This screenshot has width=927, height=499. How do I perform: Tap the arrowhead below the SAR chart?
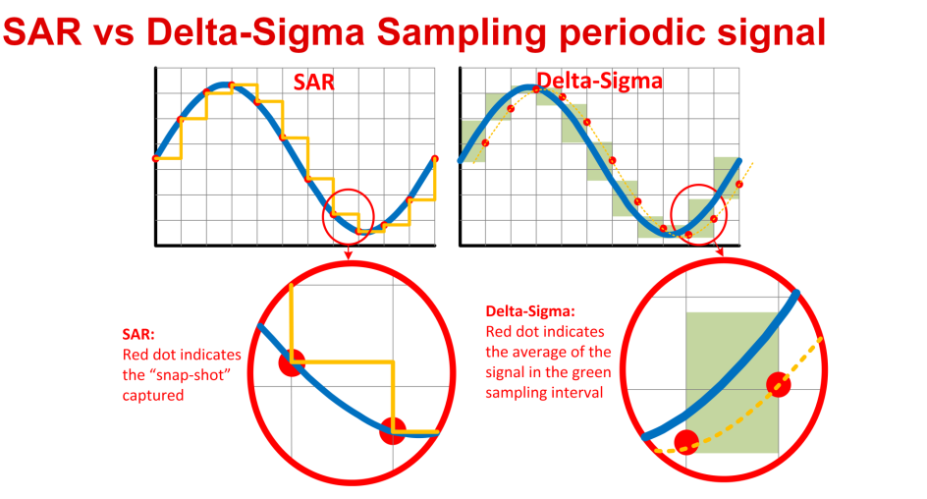point(349,257)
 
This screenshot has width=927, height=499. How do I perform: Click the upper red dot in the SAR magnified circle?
point(292,362)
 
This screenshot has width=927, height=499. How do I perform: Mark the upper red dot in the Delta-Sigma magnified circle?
point(778,383)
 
